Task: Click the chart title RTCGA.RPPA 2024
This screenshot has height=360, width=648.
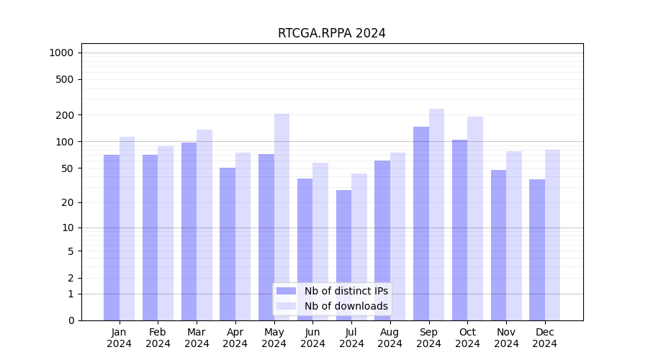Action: [331, 33]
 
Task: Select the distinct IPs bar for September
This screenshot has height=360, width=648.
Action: [421, 223]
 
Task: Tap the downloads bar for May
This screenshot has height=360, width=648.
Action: [282, 216]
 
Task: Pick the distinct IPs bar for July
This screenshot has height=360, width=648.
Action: [343, 255]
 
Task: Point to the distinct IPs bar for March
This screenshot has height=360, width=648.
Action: [189, 231]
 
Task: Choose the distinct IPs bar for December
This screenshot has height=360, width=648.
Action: [537, 249]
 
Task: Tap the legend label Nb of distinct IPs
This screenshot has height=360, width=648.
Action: [346, 291]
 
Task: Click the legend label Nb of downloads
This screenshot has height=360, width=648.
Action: [346, 306]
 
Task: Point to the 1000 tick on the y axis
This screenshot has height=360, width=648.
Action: [60, 53]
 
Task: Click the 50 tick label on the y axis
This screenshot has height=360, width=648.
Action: [66, 168]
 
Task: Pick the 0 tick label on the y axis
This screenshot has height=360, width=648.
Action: [71, 320]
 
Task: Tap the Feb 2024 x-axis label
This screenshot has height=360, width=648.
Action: [158, 338]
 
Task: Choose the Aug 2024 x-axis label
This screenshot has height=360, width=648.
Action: [390, 338]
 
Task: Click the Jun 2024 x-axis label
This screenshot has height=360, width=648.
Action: [312, 338]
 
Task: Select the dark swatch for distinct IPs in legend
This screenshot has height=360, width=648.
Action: [286, 291]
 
